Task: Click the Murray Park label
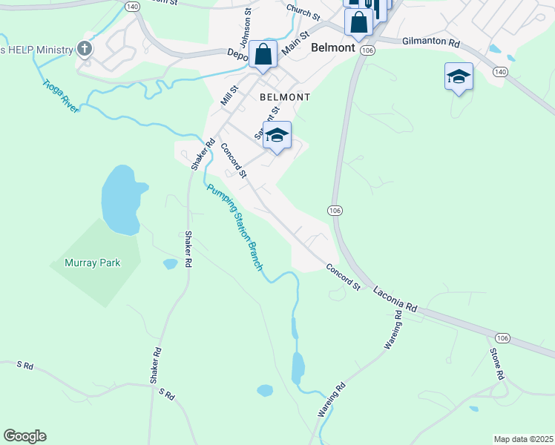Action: point(92,263)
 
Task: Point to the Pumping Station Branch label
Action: point(235,227)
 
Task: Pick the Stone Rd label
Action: point(496,363)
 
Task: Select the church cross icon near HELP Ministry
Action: point(85,49)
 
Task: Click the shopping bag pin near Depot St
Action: point(263,54)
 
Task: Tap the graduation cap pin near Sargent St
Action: point(277,135)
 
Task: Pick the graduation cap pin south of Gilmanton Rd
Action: point(459,76)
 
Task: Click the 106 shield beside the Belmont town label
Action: point(367,49)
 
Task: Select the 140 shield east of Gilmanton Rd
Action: point(500,72)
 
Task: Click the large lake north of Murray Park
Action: point(120,199)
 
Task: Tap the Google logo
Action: point(24,436)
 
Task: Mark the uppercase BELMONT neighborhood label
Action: point(284,97)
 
